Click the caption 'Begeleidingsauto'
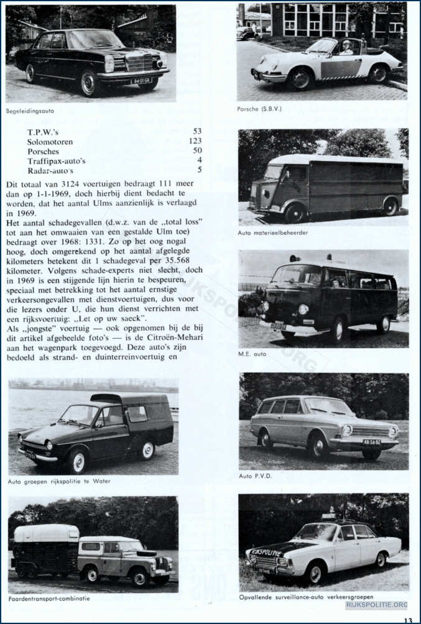30,111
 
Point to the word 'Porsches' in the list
43,151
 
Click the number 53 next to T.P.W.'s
197,132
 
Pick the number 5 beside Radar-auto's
200,170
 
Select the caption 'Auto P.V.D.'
254,476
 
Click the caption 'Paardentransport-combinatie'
49,599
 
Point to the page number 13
408,619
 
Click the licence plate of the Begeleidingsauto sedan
140,81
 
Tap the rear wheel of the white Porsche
377,74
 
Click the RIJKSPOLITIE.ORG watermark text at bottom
376,604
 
